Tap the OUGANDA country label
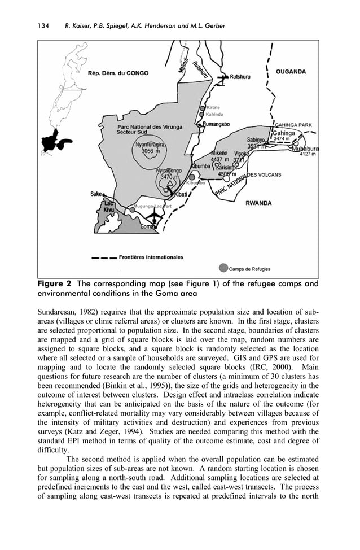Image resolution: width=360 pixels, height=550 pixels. point(291,72)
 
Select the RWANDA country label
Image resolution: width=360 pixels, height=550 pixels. point(258,203)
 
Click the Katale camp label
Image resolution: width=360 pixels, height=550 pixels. point(213,107)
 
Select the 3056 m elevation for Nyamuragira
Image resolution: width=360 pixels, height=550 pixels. point(150,151)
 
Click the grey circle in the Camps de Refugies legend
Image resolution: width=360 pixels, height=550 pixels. point(224,267)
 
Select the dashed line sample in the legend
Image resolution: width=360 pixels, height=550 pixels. point(104,257)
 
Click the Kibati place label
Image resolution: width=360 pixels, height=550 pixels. point(181,194)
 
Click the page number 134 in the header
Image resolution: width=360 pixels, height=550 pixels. point(43,26)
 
